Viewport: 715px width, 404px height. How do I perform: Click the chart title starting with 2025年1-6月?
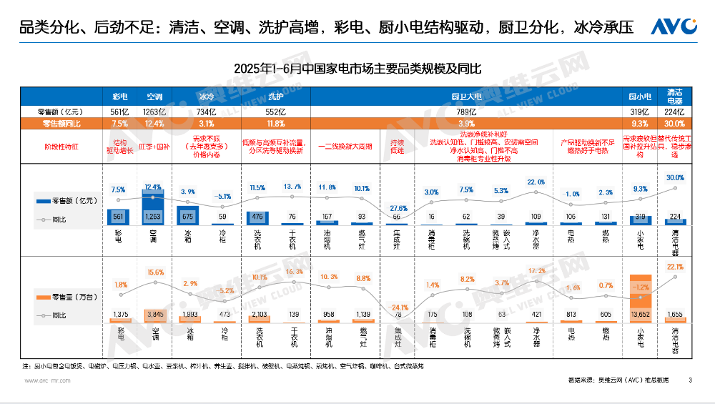point(357,69)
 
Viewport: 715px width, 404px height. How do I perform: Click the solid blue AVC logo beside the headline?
point(674,26)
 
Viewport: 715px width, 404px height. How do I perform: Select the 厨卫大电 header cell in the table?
point(466,96)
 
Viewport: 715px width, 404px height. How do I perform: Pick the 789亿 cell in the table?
point(466,112)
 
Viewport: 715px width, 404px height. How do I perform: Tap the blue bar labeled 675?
point(187,218)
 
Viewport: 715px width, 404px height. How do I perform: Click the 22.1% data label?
point(675,267)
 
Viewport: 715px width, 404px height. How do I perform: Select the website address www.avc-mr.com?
point(48,381)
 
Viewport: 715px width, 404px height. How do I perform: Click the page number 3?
point(690,380)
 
